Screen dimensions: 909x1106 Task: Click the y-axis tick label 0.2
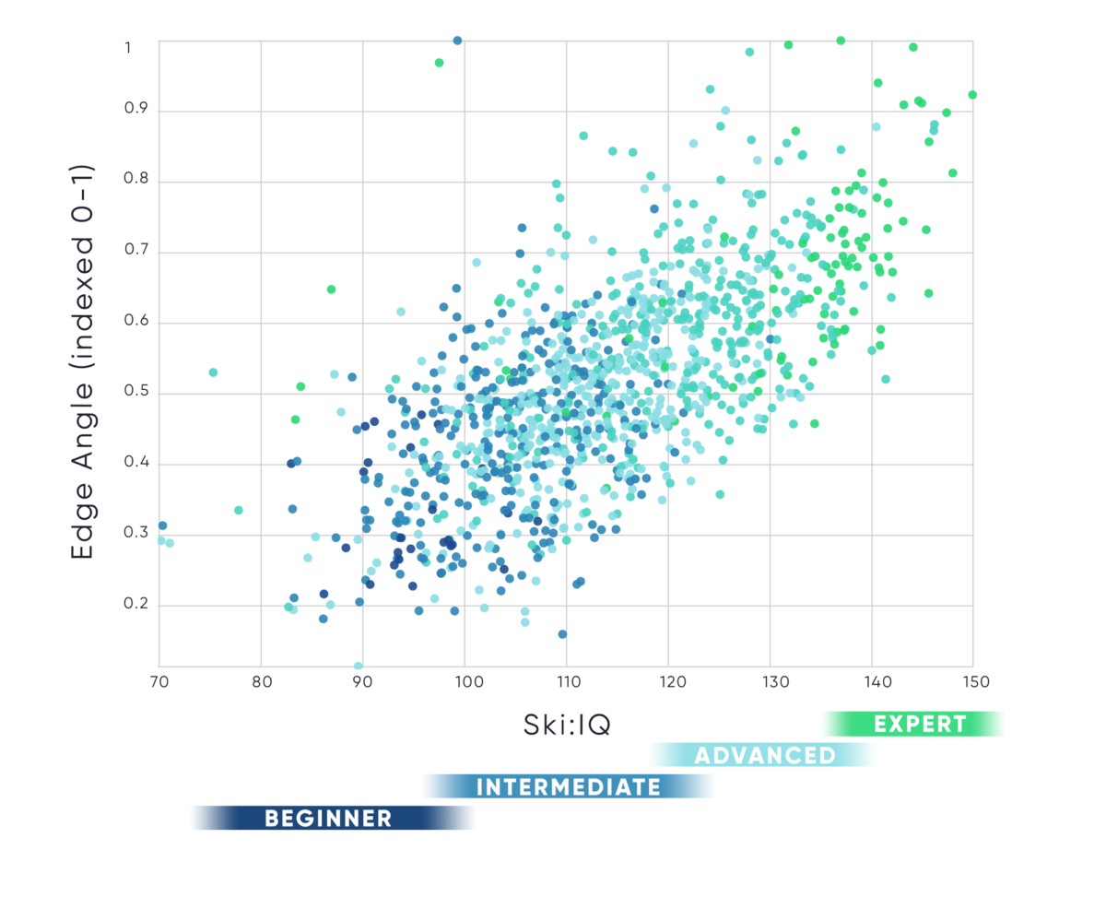point(136,606)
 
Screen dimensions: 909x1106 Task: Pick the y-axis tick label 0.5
point(136,394)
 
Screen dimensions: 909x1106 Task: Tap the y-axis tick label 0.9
point(136,112)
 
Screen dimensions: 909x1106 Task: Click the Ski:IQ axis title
point(571,726)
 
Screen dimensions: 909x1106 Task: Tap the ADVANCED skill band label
point(764,756)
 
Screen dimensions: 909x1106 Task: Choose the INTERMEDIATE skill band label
point(568,787)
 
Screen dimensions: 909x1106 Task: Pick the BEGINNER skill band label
point(328,818)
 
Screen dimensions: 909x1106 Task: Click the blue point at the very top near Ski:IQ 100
point(457,41)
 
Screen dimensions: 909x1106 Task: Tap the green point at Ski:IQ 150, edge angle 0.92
point(972,95)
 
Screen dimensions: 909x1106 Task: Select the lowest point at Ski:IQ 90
point(359,666)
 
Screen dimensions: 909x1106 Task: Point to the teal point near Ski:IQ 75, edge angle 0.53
point(213,372)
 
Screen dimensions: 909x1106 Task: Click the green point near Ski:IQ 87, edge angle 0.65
point(331,289)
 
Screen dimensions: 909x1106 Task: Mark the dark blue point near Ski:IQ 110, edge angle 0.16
point(562,634)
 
